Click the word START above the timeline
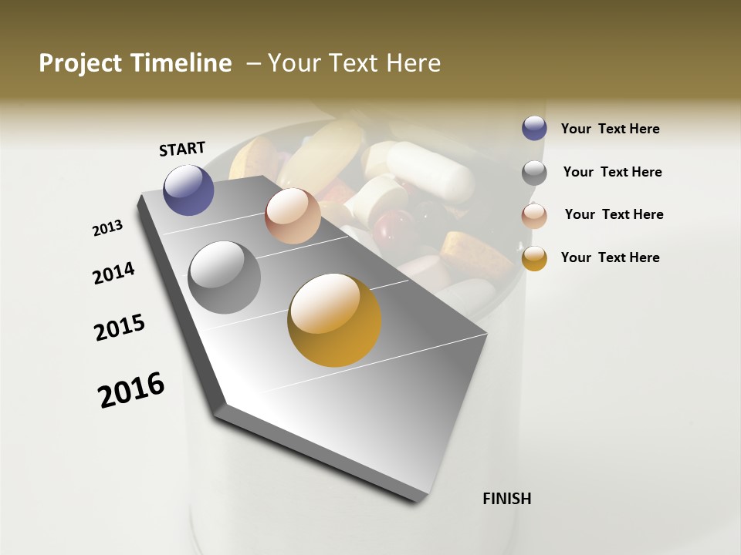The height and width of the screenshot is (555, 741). [x=182, y=149]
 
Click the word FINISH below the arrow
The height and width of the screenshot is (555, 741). [x=507, y=499]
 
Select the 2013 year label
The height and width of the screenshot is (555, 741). [x=107, y=228]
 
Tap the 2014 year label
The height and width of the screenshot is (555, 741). [x=113, y=273]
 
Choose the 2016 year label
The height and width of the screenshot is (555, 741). [x=131, y=389]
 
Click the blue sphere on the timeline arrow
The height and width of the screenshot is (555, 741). [x=189, y=190]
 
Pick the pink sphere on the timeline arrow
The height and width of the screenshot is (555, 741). [x=293, y=216]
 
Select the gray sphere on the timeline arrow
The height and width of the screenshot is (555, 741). [x=225, y=277]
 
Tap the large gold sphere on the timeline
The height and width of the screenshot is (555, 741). [x=334, y=320]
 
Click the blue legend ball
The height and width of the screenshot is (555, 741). [x=534, y=128]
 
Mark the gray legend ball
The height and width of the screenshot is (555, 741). [x=534, y=173]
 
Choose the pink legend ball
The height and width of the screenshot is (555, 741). [x=534, y=215]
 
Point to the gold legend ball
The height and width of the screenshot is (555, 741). [x=534, y=258]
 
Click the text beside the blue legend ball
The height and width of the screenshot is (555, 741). [x=610, y=129]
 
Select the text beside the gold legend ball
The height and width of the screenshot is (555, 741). [x=610, y=257]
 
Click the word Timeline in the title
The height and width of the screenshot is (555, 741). [x=181, y=63]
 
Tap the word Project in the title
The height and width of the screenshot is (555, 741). [x=80, y=63]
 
